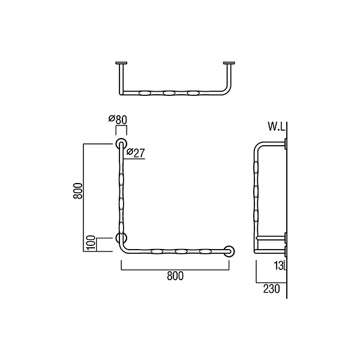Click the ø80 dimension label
click(x=118, y=119)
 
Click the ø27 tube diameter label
click(x=136, y=152)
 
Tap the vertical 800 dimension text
click(x=78, y=191)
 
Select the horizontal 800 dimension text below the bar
click(x=175, y=276)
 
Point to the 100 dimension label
click(x=91, y=243)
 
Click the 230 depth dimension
click(x=271, y=289)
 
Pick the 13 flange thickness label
click(x=279, y=266)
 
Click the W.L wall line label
click(x=277, y=127)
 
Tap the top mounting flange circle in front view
click(x=121, y=144)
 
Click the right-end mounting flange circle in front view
click(x=229, y=251)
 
